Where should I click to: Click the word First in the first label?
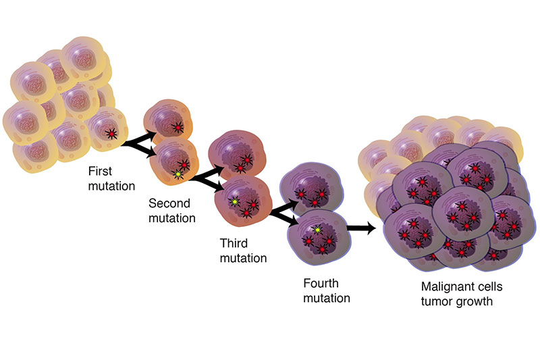100,171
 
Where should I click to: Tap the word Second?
169,203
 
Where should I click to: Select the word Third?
234,243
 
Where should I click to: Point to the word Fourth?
321,283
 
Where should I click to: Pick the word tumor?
437,301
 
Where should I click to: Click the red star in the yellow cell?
111,133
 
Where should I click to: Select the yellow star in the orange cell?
178,175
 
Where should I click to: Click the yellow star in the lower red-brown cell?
235,201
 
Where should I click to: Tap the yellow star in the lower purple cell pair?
317,229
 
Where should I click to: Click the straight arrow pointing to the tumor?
361,228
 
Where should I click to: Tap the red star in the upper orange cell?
178,128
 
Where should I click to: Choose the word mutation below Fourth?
327,298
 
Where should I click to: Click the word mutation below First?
111,186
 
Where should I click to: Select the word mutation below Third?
244,258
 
